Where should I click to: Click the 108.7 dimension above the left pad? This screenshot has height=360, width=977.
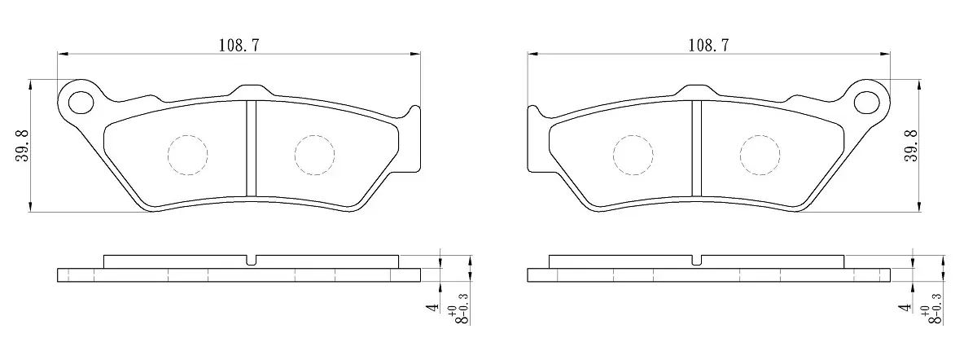pyautogui.click(x=239, y=46)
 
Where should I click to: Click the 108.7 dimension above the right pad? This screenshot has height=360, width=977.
pyautogui.click(x=708, y=46)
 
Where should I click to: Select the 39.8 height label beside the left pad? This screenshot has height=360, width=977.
pyautogui.click(x=22, y=146)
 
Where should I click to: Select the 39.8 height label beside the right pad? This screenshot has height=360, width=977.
pyautogui.click(x=911, y=146)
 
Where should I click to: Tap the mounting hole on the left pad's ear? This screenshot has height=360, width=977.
pyautogui.click(x=81, y=103)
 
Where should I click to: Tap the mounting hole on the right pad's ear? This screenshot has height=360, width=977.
pyautogui.click(x=866, y=103)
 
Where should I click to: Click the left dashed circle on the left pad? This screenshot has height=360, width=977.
pyautogui.click(x=187, y=155)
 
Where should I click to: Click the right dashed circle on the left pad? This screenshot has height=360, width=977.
pyautogui.click(x=314, y=155)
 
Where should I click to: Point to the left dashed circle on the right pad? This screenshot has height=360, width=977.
pyautogui.click(x=633, y=155)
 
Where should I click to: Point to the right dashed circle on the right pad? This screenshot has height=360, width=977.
pyautogui.click(x=760, y=155)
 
